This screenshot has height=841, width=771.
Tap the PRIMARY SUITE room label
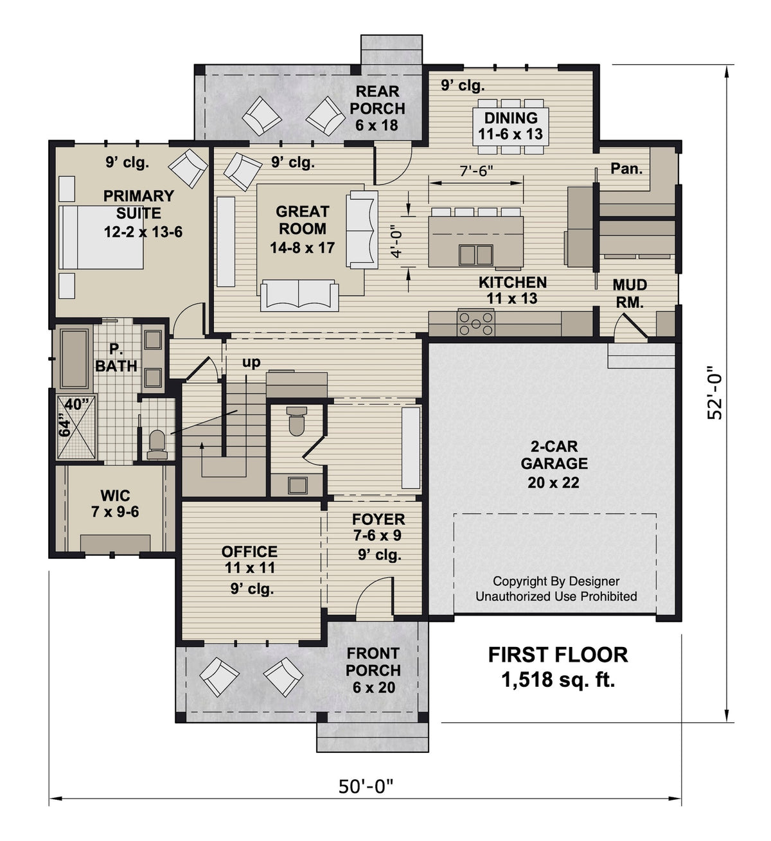coord(139,204)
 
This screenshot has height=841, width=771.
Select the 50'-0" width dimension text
coord(366,786)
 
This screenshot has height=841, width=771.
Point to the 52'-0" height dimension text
coord(714,393)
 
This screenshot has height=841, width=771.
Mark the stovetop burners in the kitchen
coord(475,323)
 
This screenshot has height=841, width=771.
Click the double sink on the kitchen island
coord(475,254)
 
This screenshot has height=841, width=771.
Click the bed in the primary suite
coord(101,236)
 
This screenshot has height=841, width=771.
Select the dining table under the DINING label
coord(511,126)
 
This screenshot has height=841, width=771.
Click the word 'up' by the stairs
coord(251,362)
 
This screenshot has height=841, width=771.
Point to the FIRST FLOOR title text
coord(558,655)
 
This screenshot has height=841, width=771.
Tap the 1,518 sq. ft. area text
coord(558,679)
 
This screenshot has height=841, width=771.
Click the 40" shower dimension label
coord(77,405)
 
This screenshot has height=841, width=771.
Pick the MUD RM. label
coord(629,294)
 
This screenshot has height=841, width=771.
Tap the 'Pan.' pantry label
coord(626,168)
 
